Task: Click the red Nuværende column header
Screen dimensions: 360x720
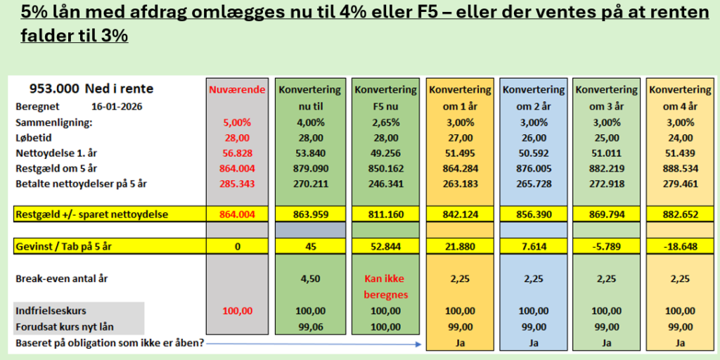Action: pyautogui.click(x=236, y=90)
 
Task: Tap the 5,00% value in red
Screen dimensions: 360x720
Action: pyautogui.click(x=236, y=122)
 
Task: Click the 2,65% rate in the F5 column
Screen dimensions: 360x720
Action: pyautogui.click(x=385, y=122)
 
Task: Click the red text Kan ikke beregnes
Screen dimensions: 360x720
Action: pyautogui.click(x=385, y=286)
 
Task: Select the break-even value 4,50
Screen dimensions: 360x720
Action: pyautogui.click(x=309, y=278)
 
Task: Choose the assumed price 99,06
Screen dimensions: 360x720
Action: pyautogui.click(x=309, y=326)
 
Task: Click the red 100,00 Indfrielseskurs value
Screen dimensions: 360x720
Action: pyautogui.click(x=236, y=310)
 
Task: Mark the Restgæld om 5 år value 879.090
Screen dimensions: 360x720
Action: pyautogui.click(x=309, y=168)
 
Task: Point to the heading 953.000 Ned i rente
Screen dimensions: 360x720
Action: pyautogui.click(x=91, y=89)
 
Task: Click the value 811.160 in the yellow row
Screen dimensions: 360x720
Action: pyautogui.click(x=385, y=214)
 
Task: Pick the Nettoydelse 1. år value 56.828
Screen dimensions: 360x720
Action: pyautogui.click(x=236, y=153)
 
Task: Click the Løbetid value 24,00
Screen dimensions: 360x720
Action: pyautogui.click(x=679, y=137)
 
